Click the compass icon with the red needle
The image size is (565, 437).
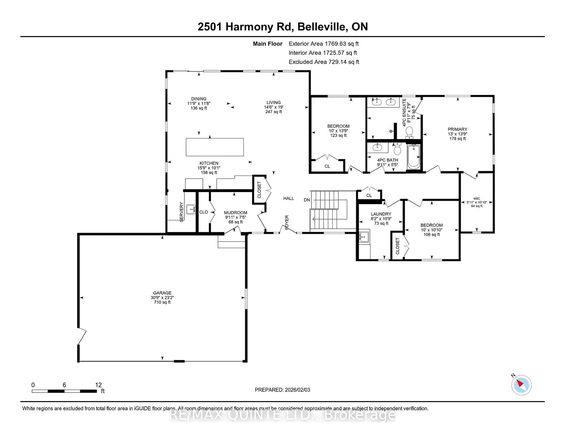(x=521, y=385)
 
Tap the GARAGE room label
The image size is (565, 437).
(x=162, y=293)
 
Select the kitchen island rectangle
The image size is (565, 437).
(x=215, y=147)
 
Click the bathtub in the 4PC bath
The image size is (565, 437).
(x=413, y=156)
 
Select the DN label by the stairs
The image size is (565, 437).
(x=307, y=200)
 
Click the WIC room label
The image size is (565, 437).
(x=477, y=199)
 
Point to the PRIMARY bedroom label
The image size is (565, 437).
(x=457, y=129)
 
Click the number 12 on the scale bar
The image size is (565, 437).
(x=98, y=385)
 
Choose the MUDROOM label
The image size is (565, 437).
(x=235, y=213)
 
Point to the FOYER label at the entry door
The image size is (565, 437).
(x=287, y=222)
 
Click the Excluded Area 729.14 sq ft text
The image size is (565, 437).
(x=324, y=62)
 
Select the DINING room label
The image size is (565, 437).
(x=199, y=99)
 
